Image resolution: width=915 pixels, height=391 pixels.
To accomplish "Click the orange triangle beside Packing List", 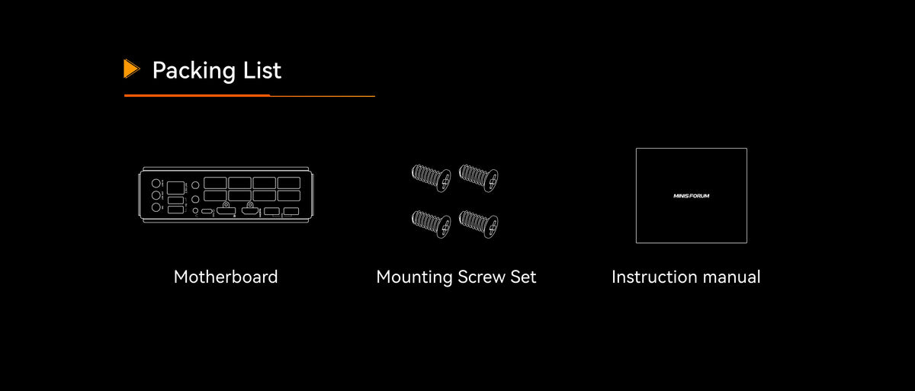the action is point(131,69).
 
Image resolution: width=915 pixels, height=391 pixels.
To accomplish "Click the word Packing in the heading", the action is point(194,71).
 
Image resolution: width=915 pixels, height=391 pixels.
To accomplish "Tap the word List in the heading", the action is point(262,70).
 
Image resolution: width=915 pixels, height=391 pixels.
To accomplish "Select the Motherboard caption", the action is point(226,277).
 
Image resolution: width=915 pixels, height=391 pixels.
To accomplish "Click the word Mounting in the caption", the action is point(414,277).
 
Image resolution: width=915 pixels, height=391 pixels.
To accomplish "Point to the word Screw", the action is point(481,277).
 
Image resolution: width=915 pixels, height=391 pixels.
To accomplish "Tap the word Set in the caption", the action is point(523,277).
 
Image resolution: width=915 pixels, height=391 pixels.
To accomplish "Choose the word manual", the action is point(731,277).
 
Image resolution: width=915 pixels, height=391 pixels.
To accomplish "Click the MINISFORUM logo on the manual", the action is point(691,196).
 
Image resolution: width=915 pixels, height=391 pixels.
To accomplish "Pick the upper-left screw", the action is point(432,178).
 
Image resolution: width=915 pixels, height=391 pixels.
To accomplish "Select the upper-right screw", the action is point(478,178).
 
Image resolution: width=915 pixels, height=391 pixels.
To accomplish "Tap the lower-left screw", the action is point(432,224).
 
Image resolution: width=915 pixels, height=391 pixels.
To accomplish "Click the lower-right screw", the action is point(478,224).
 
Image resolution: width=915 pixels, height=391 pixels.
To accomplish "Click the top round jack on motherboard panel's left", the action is point(156,183).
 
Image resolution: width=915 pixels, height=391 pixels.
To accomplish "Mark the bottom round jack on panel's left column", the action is point(156,208).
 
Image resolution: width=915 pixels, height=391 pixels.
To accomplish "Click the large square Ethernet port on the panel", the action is point(175,187).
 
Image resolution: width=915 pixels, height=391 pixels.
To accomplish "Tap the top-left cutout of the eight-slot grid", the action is point(215,183).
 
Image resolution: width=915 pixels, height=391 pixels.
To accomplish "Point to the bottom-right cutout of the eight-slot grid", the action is point(289,196).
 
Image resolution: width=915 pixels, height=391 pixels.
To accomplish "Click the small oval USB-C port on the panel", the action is point(207,211).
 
